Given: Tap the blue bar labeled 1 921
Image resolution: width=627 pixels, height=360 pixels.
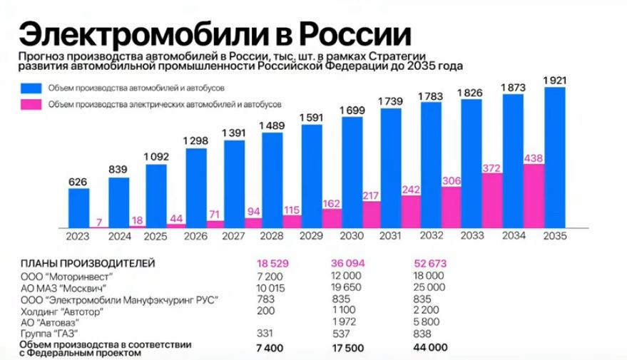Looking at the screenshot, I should [x=554, y=158].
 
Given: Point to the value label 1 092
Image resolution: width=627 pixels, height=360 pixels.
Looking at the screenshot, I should [x=157, y=156].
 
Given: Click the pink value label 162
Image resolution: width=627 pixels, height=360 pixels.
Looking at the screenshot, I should [x=331, y=203].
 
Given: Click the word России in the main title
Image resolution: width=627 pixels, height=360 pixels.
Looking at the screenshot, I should [x=354, y=33].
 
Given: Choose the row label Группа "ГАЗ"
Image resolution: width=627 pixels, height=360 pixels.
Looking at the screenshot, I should [x=49, y=334].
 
